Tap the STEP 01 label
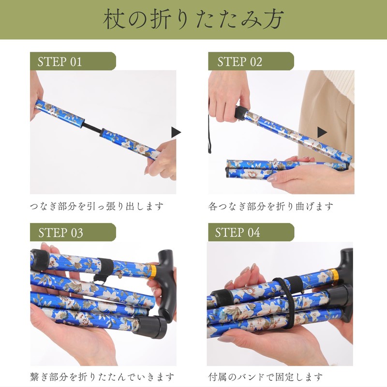(x=60, y=61)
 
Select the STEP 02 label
(x=239, y=61)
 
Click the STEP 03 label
(x=60, y=232)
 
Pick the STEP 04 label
(x=238, y=232)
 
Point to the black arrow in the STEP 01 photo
(x=176, y=132)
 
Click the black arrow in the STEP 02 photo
(x=322, y=132)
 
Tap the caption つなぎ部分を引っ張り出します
(x=96, y=207)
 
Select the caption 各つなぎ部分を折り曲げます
(x=271, y=207)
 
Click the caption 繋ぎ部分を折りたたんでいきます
(x=102, y=377)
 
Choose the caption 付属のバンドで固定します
(x=266, y=377)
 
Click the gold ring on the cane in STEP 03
(x=152, y=269)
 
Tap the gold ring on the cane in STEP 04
(x=334, y=276)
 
